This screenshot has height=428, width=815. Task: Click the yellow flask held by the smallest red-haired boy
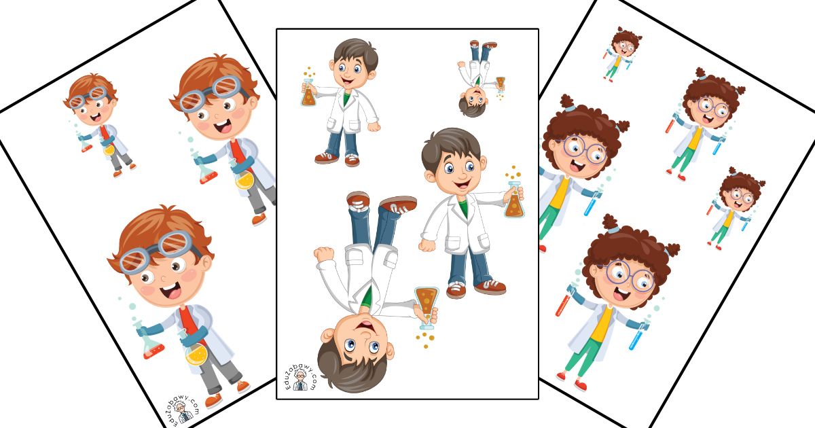click(109, 149)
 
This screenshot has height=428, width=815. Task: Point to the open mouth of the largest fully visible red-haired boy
click(171, 291)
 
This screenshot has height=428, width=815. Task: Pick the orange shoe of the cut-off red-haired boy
click(259, 219)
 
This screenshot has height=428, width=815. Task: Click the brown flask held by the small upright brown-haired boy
click(308, 93)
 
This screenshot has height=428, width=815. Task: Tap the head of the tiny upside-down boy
click(473, 102)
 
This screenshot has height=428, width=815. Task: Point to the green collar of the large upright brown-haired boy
click(463, 207)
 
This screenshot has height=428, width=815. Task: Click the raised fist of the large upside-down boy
click(323, 254)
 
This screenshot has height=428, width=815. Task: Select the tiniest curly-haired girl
click(622, 54)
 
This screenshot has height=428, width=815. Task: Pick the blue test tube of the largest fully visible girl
click(639, 335)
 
